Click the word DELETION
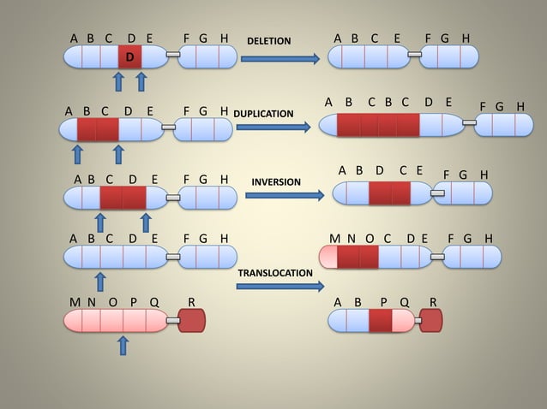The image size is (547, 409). click(x=268, y=41)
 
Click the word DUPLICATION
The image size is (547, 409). click(x=264, y=113)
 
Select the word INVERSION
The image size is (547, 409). click(x=276, y=182)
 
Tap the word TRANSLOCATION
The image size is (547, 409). click(x=275, y=272)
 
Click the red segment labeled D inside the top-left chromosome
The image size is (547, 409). click(x=129, y=56)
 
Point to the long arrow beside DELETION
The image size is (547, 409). click(x=280, y=58)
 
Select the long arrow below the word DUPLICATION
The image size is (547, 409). click(x=273, y=127)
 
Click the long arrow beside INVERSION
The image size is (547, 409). click(x=285, y=195)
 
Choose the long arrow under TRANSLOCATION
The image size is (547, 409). click(x=280, y=286)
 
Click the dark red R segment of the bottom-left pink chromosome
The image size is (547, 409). click(x=192, y=320)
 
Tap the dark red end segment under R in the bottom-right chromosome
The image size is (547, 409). click(x=431, y=320)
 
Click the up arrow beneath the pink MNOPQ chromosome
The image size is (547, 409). click(x=123, y=345)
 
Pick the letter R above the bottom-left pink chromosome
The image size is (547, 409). click(x=191, y=302)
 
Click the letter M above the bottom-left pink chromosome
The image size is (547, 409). click(x=74, y=302)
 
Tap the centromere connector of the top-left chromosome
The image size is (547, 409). click(x=173, y=56)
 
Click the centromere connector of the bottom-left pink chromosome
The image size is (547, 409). click(x=172, y=320)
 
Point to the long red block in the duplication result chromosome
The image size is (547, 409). click(x=378, y=125)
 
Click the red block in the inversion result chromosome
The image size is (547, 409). click(x=390, y=193)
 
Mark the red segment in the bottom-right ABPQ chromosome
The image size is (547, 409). click(x=380, y=320)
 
